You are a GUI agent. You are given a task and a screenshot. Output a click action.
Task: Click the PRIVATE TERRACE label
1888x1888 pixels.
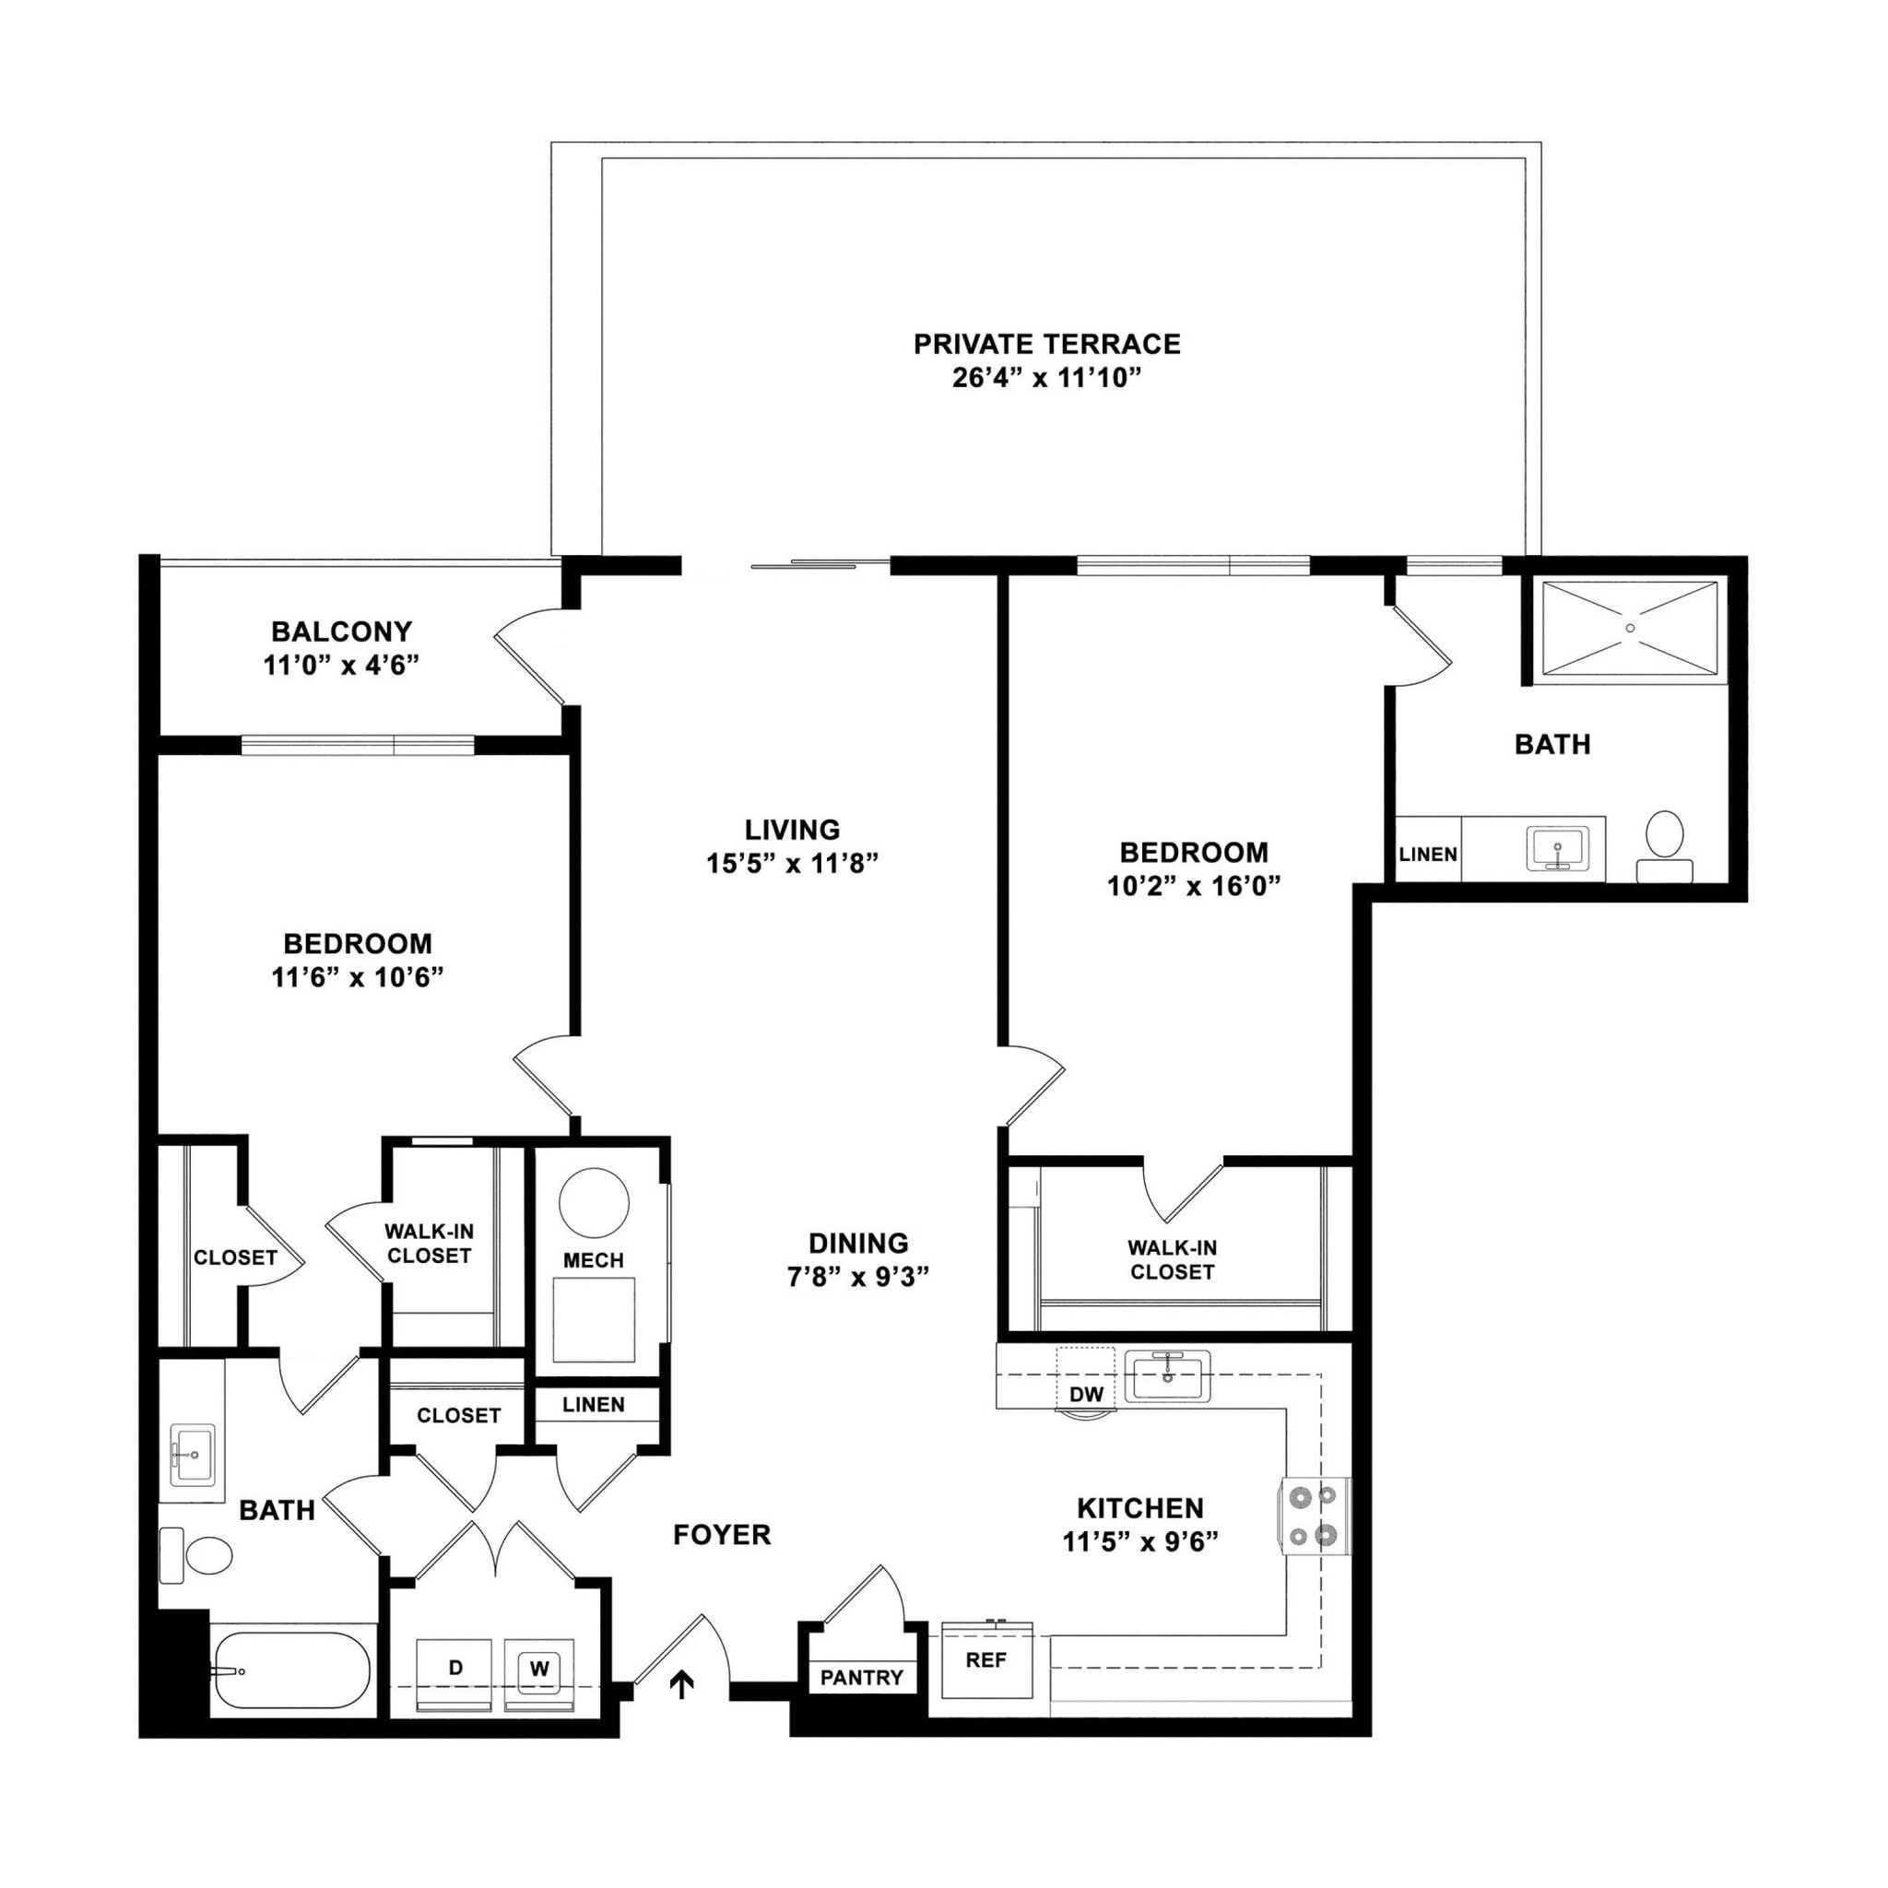[x=1046, y=344]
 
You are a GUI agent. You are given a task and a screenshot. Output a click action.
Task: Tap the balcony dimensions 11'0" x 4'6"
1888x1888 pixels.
[x=341, y=666]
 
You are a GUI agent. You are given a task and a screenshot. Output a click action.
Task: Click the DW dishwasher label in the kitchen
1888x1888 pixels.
[x=1086, y=1395]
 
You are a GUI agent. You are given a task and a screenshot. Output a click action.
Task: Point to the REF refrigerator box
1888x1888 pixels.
[x=986, y=1660]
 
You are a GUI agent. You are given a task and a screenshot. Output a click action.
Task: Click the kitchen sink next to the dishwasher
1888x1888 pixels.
[x=1167, y=1376]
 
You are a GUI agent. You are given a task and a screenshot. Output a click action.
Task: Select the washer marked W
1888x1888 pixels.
[x=539, y=1668]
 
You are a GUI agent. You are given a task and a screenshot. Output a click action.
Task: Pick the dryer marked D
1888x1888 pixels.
[x=455, y=1668]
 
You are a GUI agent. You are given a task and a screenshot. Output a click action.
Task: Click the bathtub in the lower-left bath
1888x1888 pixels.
[x=291, y=1671]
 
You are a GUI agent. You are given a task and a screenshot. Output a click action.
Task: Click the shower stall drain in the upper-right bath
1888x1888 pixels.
[x=1630, y=628]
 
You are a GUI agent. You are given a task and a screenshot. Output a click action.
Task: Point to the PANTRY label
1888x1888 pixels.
[x=861, y=1678]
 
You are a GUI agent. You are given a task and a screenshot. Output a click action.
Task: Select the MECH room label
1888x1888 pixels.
[x=593, y=1260]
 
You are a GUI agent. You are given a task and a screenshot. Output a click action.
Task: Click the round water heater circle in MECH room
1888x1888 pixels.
[x=593, y=1203]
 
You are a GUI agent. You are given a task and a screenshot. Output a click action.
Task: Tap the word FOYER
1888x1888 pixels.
[x=722, y=1535]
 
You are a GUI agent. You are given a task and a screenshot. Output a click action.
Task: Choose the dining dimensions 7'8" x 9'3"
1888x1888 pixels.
[x=858, y=1277]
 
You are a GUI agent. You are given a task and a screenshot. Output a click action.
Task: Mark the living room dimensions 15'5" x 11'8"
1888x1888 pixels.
[x=793, y=863]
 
